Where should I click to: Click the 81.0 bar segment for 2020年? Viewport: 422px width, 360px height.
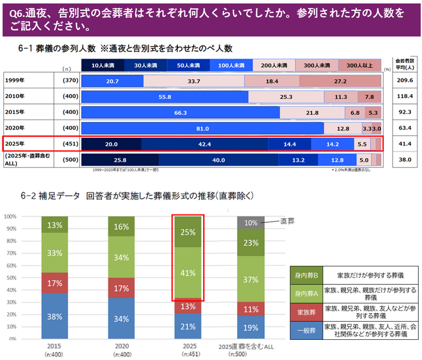201,127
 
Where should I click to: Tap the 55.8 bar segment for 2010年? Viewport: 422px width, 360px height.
164,96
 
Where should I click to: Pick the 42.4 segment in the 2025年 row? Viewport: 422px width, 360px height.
205,144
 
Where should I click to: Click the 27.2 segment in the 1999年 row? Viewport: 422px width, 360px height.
340,81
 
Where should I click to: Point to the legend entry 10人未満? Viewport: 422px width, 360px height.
103,65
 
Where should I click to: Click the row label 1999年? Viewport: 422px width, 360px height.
15,81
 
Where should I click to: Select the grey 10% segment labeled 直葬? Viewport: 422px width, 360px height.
251,222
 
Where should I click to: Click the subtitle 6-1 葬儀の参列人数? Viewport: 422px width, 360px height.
58,48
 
